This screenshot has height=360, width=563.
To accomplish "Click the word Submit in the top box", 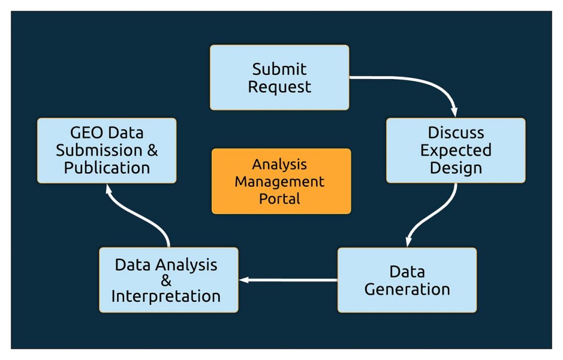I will pyautogui.click(x=279, y=69).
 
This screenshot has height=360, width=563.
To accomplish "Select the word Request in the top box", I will pyautogui.click(x=279, y=87).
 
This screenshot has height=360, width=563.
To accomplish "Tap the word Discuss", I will pyautogui.click(x=456, y=133).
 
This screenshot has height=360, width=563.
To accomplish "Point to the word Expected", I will pyautogui.click(x=456, y=150).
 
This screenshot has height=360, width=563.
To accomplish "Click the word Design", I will pyautogui.click(x=456, y=168).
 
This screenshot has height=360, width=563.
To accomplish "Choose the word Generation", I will pyautogui.click(x=407, y=289).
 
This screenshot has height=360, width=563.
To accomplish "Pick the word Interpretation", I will pyautogui.click(x=166, y=296).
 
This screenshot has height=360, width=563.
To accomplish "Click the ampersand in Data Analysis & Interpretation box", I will pyautogui.click(x=166, y=281).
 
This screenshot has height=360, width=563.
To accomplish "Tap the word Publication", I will pyautogui.click(x=107, y=168).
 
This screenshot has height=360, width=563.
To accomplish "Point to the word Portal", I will pyautogui.click(x=281, y=198).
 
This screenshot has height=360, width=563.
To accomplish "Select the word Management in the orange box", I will pyautogui.click(x=281, y=181).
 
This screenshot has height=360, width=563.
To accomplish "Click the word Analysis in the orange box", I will pyautogui.click(x=281, y=164).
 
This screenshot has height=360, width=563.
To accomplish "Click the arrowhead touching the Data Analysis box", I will pyautogui.click(x=243, y=280).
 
